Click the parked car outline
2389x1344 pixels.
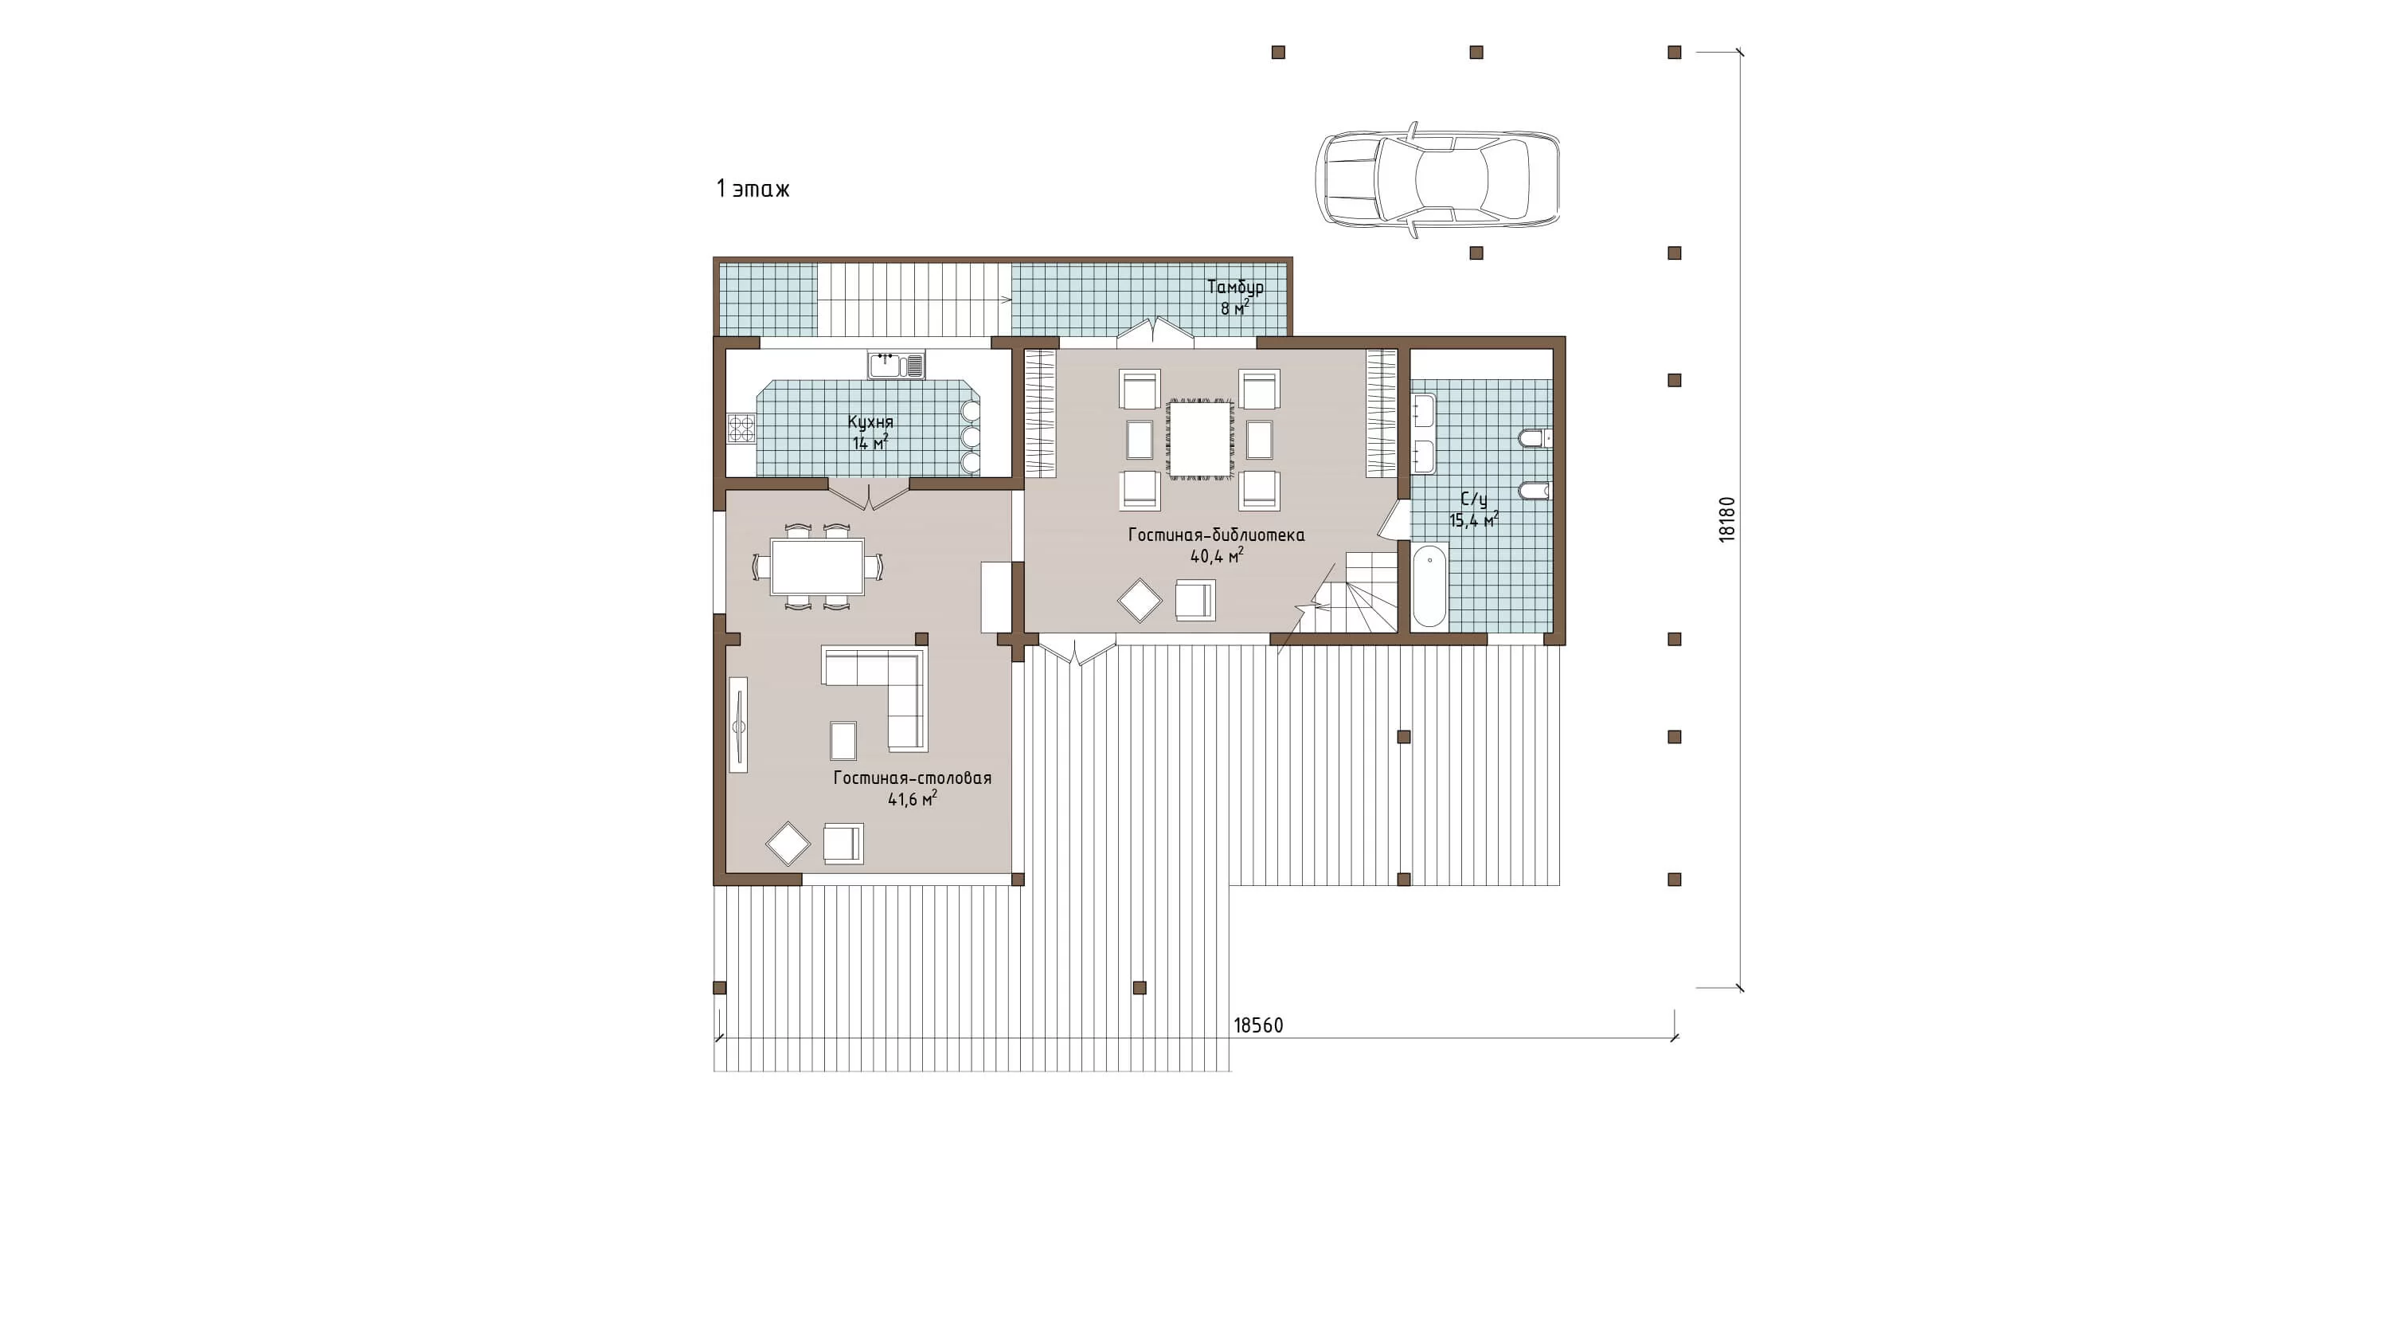pyautogui.click(x=1437, y=180)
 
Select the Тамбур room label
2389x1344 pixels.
pyautogui.click(x=1234, y=288)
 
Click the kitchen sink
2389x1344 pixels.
pyautogui.click(x=896, y=365)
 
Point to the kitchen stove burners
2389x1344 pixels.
pyautogui.click(x=741, y=428)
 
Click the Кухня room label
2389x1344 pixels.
pyautogui.click(x=870, y=423)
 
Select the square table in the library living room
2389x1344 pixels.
pyautogui.click(x=1200, y=440)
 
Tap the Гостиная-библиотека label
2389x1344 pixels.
pyautogui.click(x=1216, y=535)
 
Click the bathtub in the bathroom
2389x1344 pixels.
pyautogui.click(x=1429, y=586)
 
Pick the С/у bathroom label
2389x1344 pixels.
pyautogui.click(x=1474, y=500)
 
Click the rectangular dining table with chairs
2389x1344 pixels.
pyautogui.click(x=817, y=566)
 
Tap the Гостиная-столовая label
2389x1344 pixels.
pyautogui.click(x=912, y=778)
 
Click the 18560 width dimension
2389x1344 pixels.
pyautogui.click(x=1258, y=1026)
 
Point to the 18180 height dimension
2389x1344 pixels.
pyautogui.click(x=1726, y=519)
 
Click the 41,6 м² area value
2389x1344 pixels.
pyautogui.click(x=912, y=798)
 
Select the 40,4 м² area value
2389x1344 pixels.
pyautogui.click(x=1217, y=555)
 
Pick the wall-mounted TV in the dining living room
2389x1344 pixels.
pyautogui.click(x=738, y=724)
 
